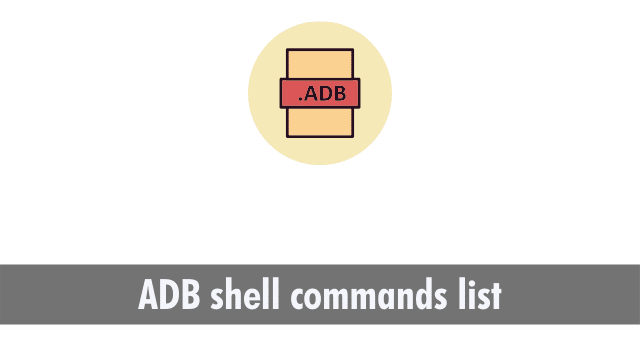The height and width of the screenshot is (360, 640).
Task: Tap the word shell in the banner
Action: click(233, 297)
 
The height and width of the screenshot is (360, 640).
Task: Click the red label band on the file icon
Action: click(319, 93)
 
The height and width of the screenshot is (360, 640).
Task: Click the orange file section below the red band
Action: click(319, 121)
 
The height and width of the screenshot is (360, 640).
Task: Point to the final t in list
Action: click(494, 297)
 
